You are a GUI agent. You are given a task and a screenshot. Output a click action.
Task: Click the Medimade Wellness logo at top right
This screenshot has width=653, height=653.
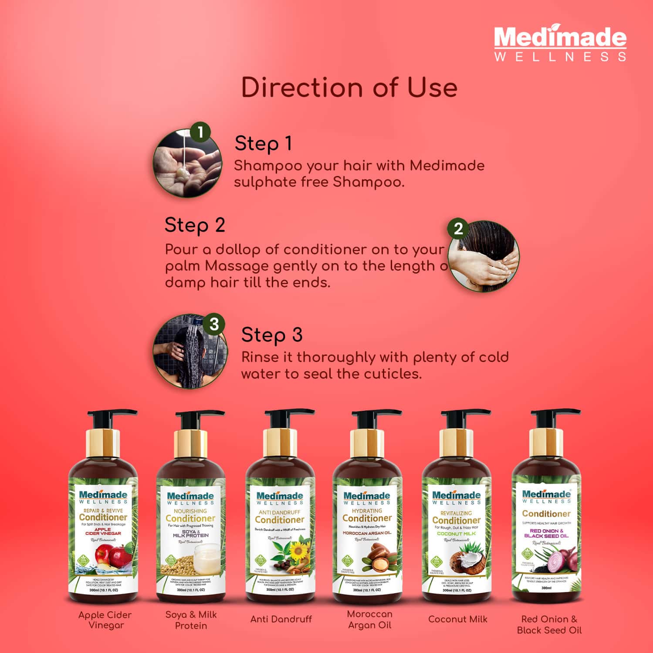(x=560, y=44)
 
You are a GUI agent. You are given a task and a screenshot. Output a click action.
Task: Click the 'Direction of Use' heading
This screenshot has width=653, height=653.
(x=349, y=87)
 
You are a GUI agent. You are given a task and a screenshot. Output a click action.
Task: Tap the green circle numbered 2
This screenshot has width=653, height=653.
(x=458, y=229)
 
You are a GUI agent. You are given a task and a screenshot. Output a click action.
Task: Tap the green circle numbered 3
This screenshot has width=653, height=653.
(x=214, y=324)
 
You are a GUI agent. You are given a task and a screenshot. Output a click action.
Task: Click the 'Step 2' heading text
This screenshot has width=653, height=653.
(x=195, y=225)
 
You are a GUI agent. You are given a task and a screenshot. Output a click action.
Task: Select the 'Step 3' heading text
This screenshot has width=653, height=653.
(x=272, y=335)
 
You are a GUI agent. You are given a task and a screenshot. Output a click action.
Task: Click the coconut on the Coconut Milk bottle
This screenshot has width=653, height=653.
(x=467, y=564)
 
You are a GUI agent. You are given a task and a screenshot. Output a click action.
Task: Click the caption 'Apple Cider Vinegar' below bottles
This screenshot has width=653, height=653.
(x=105, y=620)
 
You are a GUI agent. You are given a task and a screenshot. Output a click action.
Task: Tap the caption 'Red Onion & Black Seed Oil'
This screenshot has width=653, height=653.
(x=549, y=624)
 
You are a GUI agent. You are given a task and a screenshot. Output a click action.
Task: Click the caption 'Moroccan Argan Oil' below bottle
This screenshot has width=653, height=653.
(x=370, y=619)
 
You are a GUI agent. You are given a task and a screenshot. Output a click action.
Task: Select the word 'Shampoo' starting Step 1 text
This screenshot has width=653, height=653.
(x=267, y=166)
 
